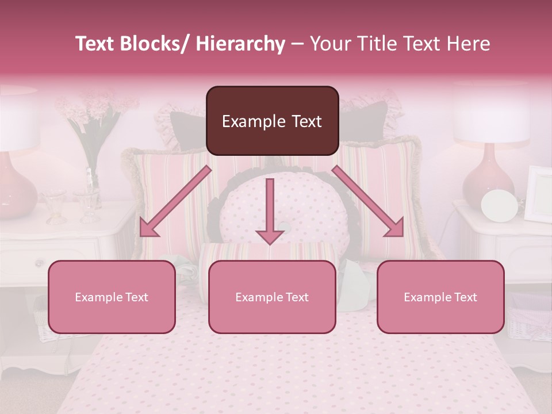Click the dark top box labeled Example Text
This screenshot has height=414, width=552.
click(x=272, y=121)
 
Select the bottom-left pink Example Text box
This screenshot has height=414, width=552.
click(x=112, y=297)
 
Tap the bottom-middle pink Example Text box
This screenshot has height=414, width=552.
click(x=272, y=297)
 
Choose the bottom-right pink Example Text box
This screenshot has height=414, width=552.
click(x=440, y=297)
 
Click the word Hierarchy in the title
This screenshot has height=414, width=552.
click(x=240, y=44)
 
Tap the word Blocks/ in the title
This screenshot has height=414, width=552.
click(x=150, y=44)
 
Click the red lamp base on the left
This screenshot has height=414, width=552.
click(x=16, y=187)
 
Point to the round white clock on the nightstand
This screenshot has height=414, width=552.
click(x=499, y=205)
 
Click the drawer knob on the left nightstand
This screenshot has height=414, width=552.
click(x=39, y=263)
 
